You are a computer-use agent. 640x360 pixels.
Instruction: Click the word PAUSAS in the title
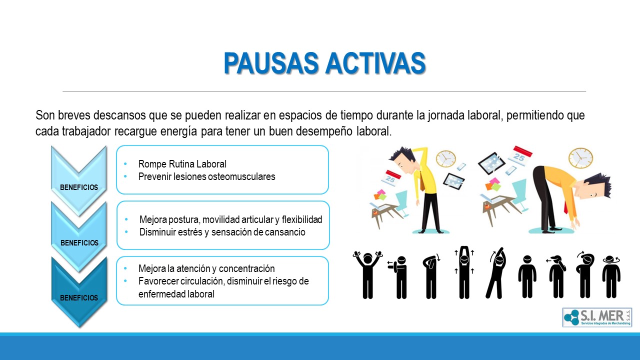point(271,63)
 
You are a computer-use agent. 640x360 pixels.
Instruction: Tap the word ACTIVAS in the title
point(375,63)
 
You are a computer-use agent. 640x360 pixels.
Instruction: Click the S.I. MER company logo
point(597,317)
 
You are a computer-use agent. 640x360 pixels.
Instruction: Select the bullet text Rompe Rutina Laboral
point(182,164)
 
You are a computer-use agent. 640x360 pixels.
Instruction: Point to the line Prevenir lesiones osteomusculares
point(207,176)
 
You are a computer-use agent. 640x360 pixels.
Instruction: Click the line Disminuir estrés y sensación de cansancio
point(222,232)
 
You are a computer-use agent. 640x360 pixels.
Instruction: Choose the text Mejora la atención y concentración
point(206,268)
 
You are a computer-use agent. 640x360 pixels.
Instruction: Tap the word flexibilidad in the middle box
point(302,219)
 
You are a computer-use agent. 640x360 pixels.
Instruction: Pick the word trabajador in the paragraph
point(86,131)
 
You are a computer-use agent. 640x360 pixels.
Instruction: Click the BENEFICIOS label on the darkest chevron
point(79,297)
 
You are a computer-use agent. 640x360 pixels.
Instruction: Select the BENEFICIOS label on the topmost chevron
point(79,187)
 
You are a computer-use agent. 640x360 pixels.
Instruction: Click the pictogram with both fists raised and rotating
point(367,275)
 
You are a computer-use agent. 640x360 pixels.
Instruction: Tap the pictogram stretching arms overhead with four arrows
point(464,272)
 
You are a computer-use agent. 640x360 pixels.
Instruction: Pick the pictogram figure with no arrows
point(527,277)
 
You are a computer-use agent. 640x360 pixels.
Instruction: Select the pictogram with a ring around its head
point(611,277)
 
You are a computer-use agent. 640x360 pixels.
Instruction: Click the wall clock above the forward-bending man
point(580,158)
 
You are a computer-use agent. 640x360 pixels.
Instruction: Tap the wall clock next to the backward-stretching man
point(445,158)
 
